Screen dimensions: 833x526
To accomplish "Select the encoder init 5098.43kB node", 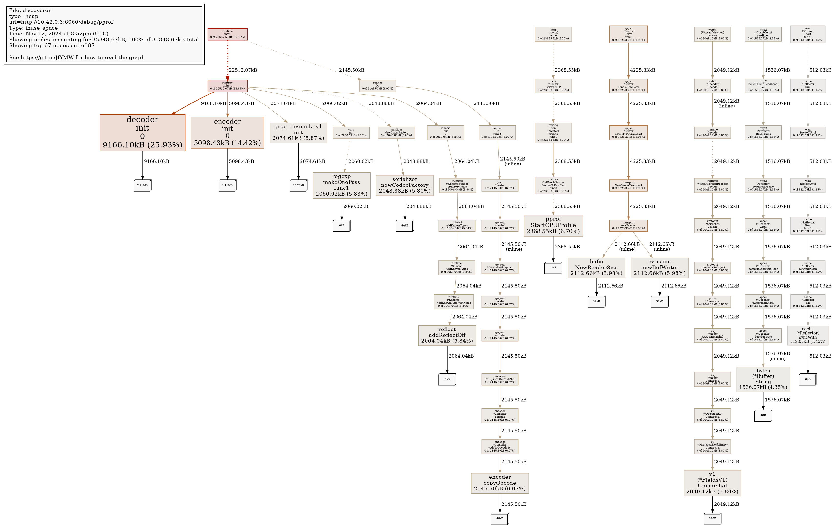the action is (x=227, y=133).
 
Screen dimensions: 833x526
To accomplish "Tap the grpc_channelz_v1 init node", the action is (x=298, y=133).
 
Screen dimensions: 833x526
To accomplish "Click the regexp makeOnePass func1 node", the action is (x=342, y=185).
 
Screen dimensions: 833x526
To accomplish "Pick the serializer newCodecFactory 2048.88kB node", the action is (x=405, y=185).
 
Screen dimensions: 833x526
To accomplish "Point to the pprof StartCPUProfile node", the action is (x=553, y=226).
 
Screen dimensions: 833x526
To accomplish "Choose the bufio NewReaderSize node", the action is (x=596, y=268).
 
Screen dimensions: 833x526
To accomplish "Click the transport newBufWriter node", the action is (x=659, y=268).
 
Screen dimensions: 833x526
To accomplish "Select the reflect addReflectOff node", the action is (x=447, y=335).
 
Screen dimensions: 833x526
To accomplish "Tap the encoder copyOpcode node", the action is (x=500, y=483).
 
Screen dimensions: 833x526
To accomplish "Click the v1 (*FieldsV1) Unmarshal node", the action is (x=712, y=483).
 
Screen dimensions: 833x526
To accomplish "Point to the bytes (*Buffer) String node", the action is (x=763, y=379).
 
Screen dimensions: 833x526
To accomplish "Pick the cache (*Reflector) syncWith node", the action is (x=808, y=335).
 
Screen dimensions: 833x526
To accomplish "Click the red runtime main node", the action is (x=227, y=34).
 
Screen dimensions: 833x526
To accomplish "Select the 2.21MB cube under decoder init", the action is (x=142, y=185).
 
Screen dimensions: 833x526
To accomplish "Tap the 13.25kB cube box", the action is (x=298, y=185).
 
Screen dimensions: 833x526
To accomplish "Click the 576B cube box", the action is (x=712, y=519).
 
